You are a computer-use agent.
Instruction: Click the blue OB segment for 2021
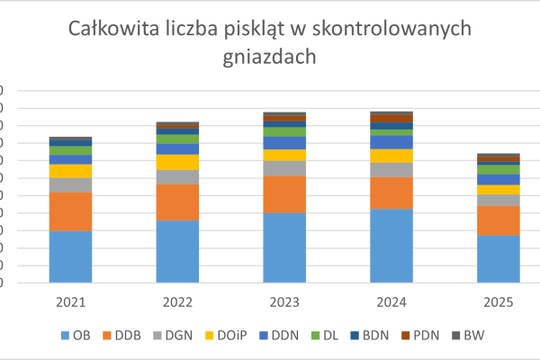pos(70,256)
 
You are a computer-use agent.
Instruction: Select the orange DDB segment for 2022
pos(177,202)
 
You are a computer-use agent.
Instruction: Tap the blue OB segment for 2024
pos(391,245)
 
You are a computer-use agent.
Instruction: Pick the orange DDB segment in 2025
pos(498,220)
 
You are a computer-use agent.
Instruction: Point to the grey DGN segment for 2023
pos(284,168)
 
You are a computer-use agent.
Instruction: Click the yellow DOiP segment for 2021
pos(70,171)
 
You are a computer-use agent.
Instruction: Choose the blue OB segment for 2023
pos(284,247)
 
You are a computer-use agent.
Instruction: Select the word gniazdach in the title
pos(270,58)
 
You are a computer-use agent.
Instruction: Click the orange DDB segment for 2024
pos(391,193)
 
